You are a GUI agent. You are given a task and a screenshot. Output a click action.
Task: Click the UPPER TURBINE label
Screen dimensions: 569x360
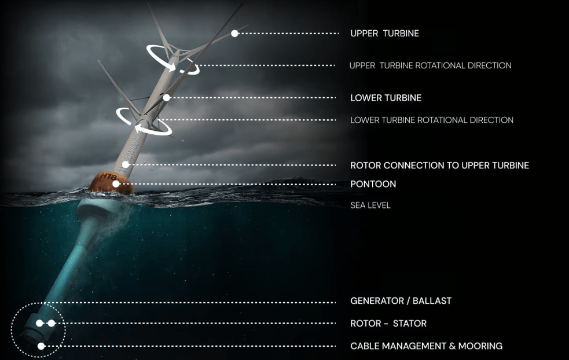coord(385,34)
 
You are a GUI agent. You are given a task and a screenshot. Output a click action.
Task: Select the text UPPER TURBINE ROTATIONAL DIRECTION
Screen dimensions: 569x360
coord(431,65)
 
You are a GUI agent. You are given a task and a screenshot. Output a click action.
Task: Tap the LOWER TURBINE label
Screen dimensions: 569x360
coord(386,98)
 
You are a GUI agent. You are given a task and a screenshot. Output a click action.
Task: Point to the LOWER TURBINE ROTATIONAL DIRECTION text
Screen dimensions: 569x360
coord(432,120)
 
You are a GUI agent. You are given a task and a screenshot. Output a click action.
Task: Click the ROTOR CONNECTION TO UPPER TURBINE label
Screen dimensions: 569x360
coord(439,166)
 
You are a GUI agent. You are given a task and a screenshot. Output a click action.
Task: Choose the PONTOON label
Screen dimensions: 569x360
coord(373,184)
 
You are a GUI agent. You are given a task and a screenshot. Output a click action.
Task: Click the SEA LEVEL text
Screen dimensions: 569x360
coord(370,205)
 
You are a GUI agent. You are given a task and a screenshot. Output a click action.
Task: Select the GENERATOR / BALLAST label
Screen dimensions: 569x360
coord(401,301)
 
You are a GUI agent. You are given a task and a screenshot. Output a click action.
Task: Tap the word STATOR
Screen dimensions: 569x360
coord(410,324)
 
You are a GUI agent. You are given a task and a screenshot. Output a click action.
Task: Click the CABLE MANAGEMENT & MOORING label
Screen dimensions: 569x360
coord(427,346)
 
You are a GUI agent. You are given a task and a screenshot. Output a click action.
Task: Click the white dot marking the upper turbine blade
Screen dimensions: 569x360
coord(235,34)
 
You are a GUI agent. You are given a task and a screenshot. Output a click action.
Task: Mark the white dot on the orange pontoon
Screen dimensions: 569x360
coord(116,184)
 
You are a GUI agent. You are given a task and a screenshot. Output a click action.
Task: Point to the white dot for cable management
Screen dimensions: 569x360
coord(41,346)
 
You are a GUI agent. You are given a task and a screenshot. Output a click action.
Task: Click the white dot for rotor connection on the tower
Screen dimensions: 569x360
coord(126,165)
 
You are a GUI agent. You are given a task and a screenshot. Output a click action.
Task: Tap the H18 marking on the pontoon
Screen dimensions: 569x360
coord(108,178)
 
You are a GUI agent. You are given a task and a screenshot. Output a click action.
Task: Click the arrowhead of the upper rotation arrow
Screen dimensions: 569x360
coord(172,67)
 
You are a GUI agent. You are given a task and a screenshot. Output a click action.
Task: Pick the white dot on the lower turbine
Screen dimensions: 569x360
coord(167,98)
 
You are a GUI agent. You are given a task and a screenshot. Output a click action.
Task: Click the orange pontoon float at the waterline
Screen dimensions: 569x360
coord(111,183)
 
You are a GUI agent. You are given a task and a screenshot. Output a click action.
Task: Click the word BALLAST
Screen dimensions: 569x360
coord(432,301)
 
